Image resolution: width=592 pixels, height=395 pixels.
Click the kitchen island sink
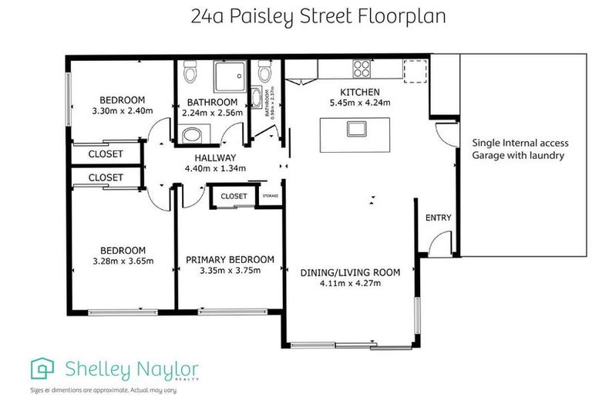357,128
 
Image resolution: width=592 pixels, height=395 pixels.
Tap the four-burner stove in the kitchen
362,69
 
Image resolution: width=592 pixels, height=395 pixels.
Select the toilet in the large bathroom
191,75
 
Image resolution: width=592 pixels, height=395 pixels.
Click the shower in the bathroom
229,77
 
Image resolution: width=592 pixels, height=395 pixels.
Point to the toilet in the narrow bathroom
265,73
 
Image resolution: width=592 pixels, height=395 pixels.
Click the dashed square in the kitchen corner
415,70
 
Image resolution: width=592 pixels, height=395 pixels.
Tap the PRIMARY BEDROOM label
230,260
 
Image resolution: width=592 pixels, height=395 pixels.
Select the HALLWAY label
214,157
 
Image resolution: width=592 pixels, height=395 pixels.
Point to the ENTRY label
438,218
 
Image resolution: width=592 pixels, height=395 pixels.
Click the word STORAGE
270,197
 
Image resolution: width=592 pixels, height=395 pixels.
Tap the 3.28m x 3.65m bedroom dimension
123,261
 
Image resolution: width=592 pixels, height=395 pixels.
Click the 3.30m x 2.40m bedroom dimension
123,110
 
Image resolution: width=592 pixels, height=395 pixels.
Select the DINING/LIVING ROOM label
351,272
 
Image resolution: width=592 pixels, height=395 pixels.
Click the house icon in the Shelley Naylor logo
42,369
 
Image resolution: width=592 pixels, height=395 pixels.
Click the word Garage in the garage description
489,155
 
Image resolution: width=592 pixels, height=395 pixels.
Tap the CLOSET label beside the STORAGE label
234,196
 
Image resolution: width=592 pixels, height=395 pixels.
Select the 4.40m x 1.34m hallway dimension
214,168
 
